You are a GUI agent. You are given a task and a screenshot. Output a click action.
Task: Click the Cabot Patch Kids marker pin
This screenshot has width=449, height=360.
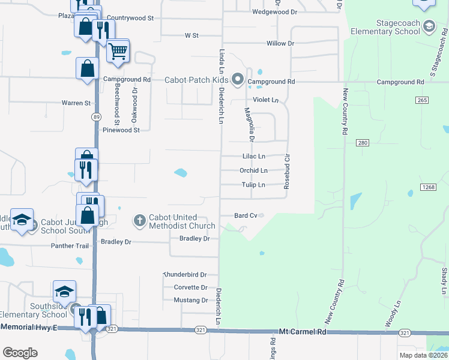238,79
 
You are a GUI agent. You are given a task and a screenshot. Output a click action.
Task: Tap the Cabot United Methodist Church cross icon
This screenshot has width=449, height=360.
139,221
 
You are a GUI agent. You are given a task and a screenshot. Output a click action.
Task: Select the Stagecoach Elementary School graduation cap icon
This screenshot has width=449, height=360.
429,26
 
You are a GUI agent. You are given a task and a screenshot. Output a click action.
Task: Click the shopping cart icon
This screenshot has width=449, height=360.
118,51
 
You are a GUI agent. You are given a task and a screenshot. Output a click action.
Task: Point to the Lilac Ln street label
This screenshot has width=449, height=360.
253,156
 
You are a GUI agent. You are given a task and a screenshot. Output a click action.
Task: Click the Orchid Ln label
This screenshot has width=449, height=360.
253,170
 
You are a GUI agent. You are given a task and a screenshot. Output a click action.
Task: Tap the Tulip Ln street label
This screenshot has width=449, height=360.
253,185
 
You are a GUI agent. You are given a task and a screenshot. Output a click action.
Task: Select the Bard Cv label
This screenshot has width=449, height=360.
246,215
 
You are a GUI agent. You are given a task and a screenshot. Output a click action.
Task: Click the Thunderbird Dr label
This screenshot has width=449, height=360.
185,274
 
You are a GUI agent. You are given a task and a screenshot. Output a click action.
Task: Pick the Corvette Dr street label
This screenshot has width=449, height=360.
190,287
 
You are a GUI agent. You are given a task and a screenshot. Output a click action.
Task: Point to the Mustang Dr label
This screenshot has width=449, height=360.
191,300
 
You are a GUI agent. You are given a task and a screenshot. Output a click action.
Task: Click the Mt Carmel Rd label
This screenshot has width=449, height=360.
302,331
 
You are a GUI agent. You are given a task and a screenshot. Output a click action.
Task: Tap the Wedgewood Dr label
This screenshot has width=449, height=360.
275,12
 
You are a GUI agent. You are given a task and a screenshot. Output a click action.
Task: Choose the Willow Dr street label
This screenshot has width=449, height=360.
280,44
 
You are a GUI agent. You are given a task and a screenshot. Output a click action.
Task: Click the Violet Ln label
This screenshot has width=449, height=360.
266,100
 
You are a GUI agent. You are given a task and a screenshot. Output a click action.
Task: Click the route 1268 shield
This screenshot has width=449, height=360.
427,187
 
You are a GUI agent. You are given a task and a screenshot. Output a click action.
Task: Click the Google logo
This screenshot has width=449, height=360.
20,353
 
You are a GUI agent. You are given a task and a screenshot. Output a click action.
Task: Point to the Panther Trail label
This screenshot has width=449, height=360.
70,246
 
